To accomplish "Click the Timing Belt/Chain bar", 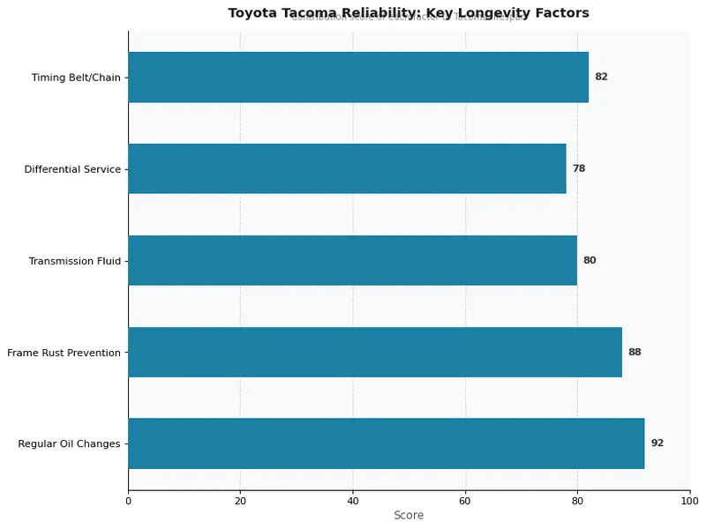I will pyautogui.click(x=358, y=77).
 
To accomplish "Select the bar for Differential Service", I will pyautogui.click(x=347, y=168).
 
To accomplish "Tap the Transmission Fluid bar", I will pyautogui.click(x=352, y=260).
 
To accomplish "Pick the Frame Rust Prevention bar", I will pyautogui.click(x=375, y=352).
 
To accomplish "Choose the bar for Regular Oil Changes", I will pyautogui.click(x=386, y=443).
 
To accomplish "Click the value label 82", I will pyautogui.click(x=601, y=77).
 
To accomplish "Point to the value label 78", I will pyautogui.click(x=579, y=168).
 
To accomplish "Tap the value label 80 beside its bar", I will pyautogui.click(x=590, y=260).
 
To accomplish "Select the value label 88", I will pyautogui.click(x=635, y=352).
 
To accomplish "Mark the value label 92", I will pyautogui.click(x=657, y=443).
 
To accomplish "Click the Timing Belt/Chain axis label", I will pyautogui.click(x=76, y=78).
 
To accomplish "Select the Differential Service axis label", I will pyautogui.click(x=72, y=169).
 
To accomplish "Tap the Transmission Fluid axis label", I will pyautogui.click(x=74, y=261).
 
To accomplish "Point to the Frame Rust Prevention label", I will pyautogui.click(x=64, y=353).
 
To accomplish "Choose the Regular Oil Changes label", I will pyautogui.click(x=69, y=444).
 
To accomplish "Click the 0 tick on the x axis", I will pyautogui.click(x=128, y=502).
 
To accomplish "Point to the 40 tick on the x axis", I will pyautogui.click(x=353, y=502).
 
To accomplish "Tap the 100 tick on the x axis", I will pyautogui.click(x=689, y=502).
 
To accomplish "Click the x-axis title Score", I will pyautogui.click(x=409, y=516).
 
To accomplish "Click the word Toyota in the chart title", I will pyautogui.click(x=250, y=13).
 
